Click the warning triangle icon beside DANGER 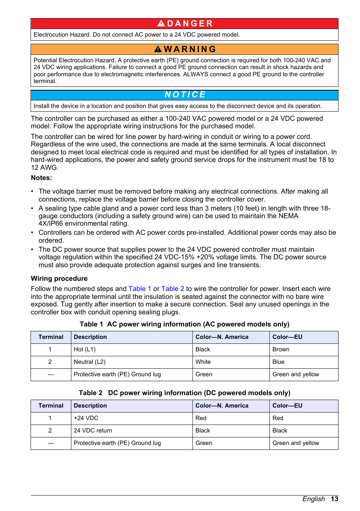point(161,23)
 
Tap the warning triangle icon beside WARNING point(158,49)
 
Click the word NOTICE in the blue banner point(185,95)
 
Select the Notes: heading point(42,178)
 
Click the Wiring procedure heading point(59,279)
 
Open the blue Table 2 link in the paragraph point(172,289)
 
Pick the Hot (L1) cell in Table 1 point(85,349)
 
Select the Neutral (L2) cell point(89,362)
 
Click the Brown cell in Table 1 point(281,349)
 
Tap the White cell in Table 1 point(203,362)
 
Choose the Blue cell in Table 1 point(278,362)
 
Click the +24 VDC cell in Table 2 point(86,418)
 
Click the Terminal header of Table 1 point(51,337)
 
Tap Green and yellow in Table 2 point(295,443)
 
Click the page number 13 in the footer point(334,499)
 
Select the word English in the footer point(313,499)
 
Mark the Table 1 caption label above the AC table point(91,324)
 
